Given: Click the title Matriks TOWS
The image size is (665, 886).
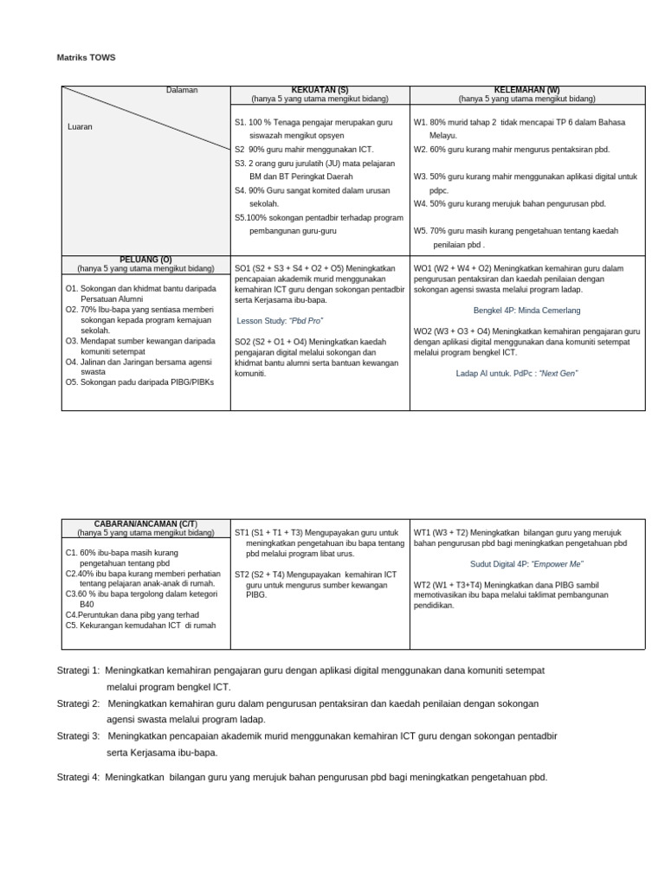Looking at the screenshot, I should tap(86, 58).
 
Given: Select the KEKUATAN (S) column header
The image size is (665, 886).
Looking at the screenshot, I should tap(320, 90).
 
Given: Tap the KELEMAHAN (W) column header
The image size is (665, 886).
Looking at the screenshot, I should tap(526, 90).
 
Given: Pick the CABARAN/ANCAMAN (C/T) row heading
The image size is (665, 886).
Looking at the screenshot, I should tap(145, 523).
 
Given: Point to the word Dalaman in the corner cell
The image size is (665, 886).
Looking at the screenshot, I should tap(182, 91).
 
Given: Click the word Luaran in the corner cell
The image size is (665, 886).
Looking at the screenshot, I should tap(80, 127).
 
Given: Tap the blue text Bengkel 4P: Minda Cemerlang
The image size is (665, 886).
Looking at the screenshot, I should tap(526, 310).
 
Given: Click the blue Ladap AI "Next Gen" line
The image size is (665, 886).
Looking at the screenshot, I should tap(516, 373).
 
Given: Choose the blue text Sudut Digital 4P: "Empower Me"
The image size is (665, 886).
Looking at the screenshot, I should tap(526, 564).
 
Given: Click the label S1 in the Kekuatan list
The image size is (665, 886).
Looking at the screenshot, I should tap(240, 122).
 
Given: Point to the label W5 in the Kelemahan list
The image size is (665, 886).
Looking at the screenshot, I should tap(422, 231).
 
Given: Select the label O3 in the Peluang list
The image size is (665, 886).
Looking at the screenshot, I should tap(72, 341).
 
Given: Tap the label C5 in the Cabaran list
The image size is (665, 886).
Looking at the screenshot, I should tap(72, 625).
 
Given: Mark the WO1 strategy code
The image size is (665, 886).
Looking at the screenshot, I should tap(423, 269).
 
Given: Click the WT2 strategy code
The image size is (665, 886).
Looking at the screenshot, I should tap(423, 585).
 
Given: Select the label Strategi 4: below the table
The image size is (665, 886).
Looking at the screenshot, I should tap(79, 777).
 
